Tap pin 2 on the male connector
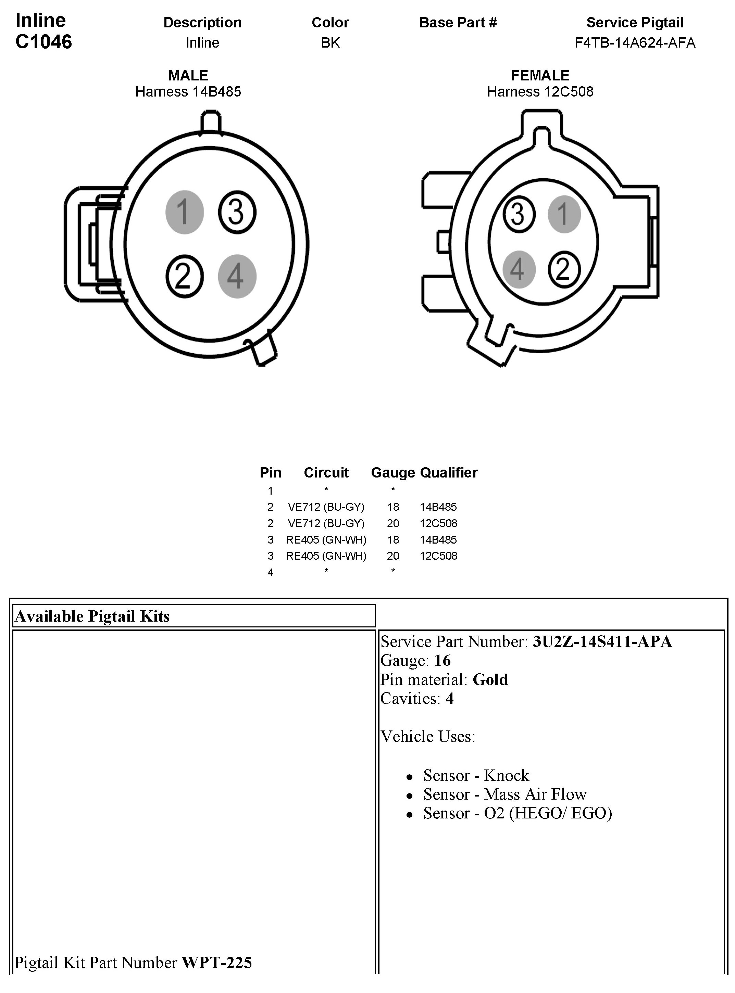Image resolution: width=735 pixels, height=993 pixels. point(184,276)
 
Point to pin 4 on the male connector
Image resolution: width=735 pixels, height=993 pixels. point(237,276)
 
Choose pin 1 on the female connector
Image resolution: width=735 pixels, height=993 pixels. point(564,214)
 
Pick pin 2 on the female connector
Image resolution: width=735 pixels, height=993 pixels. point(564,269)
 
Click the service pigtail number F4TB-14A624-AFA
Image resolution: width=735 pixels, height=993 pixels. point(634,43)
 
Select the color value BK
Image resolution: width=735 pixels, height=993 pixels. point(330,43)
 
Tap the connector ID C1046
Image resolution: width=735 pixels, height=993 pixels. point(43,42)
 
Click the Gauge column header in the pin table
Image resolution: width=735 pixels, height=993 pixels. point(393,472)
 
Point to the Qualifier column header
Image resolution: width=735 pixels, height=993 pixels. point(448,472)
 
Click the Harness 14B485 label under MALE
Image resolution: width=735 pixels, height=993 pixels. point(188,92)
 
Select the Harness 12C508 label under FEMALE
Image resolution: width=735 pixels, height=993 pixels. point(540,92)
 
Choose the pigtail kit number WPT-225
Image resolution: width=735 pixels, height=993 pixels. point(217,962)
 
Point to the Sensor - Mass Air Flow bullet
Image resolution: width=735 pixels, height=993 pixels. point(504,794)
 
